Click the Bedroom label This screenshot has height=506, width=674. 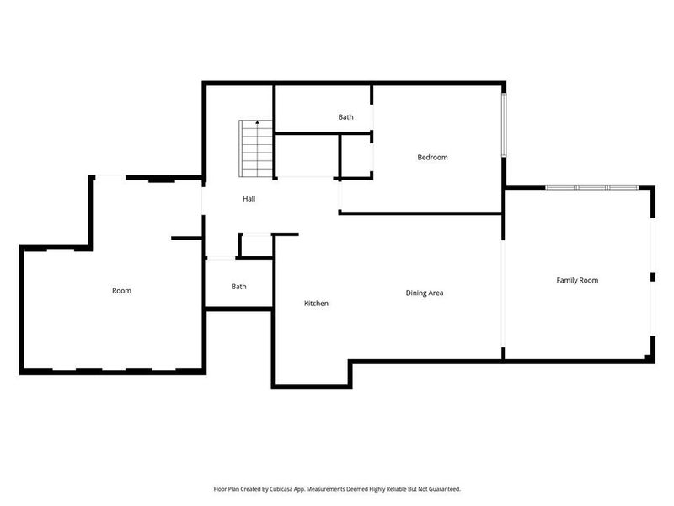[432, 158]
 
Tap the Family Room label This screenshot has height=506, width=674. [577, 280]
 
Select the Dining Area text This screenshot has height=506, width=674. [425, 293]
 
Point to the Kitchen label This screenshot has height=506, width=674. [316, 304]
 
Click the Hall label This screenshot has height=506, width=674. [249, 199]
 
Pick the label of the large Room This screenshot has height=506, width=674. [121, 291]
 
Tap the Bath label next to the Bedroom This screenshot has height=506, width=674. [345, 117]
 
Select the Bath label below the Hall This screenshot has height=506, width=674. [239, 287]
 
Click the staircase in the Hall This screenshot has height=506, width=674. [256, 149]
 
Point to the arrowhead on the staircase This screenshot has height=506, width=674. [257, 123]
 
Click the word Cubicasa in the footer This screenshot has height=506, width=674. [287, 489]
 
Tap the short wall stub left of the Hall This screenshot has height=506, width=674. [186, 239]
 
